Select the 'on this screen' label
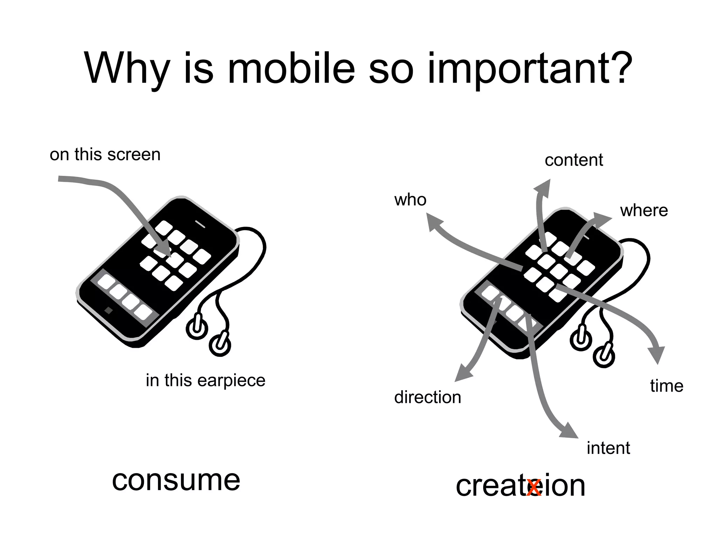click(105, 154)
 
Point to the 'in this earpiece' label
click(206, 380)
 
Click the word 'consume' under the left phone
click(176, 480)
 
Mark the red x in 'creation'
click(534, 488)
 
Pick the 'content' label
click(574, 160)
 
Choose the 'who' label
click(410, 200)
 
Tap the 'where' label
click(644, 211)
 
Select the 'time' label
click(667, 386)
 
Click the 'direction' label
click(427, 398)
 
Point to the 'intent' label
click(608, 448)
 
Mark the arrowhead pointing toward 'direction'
click(462, 374)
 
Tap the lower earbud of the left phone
click(220, 345)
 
